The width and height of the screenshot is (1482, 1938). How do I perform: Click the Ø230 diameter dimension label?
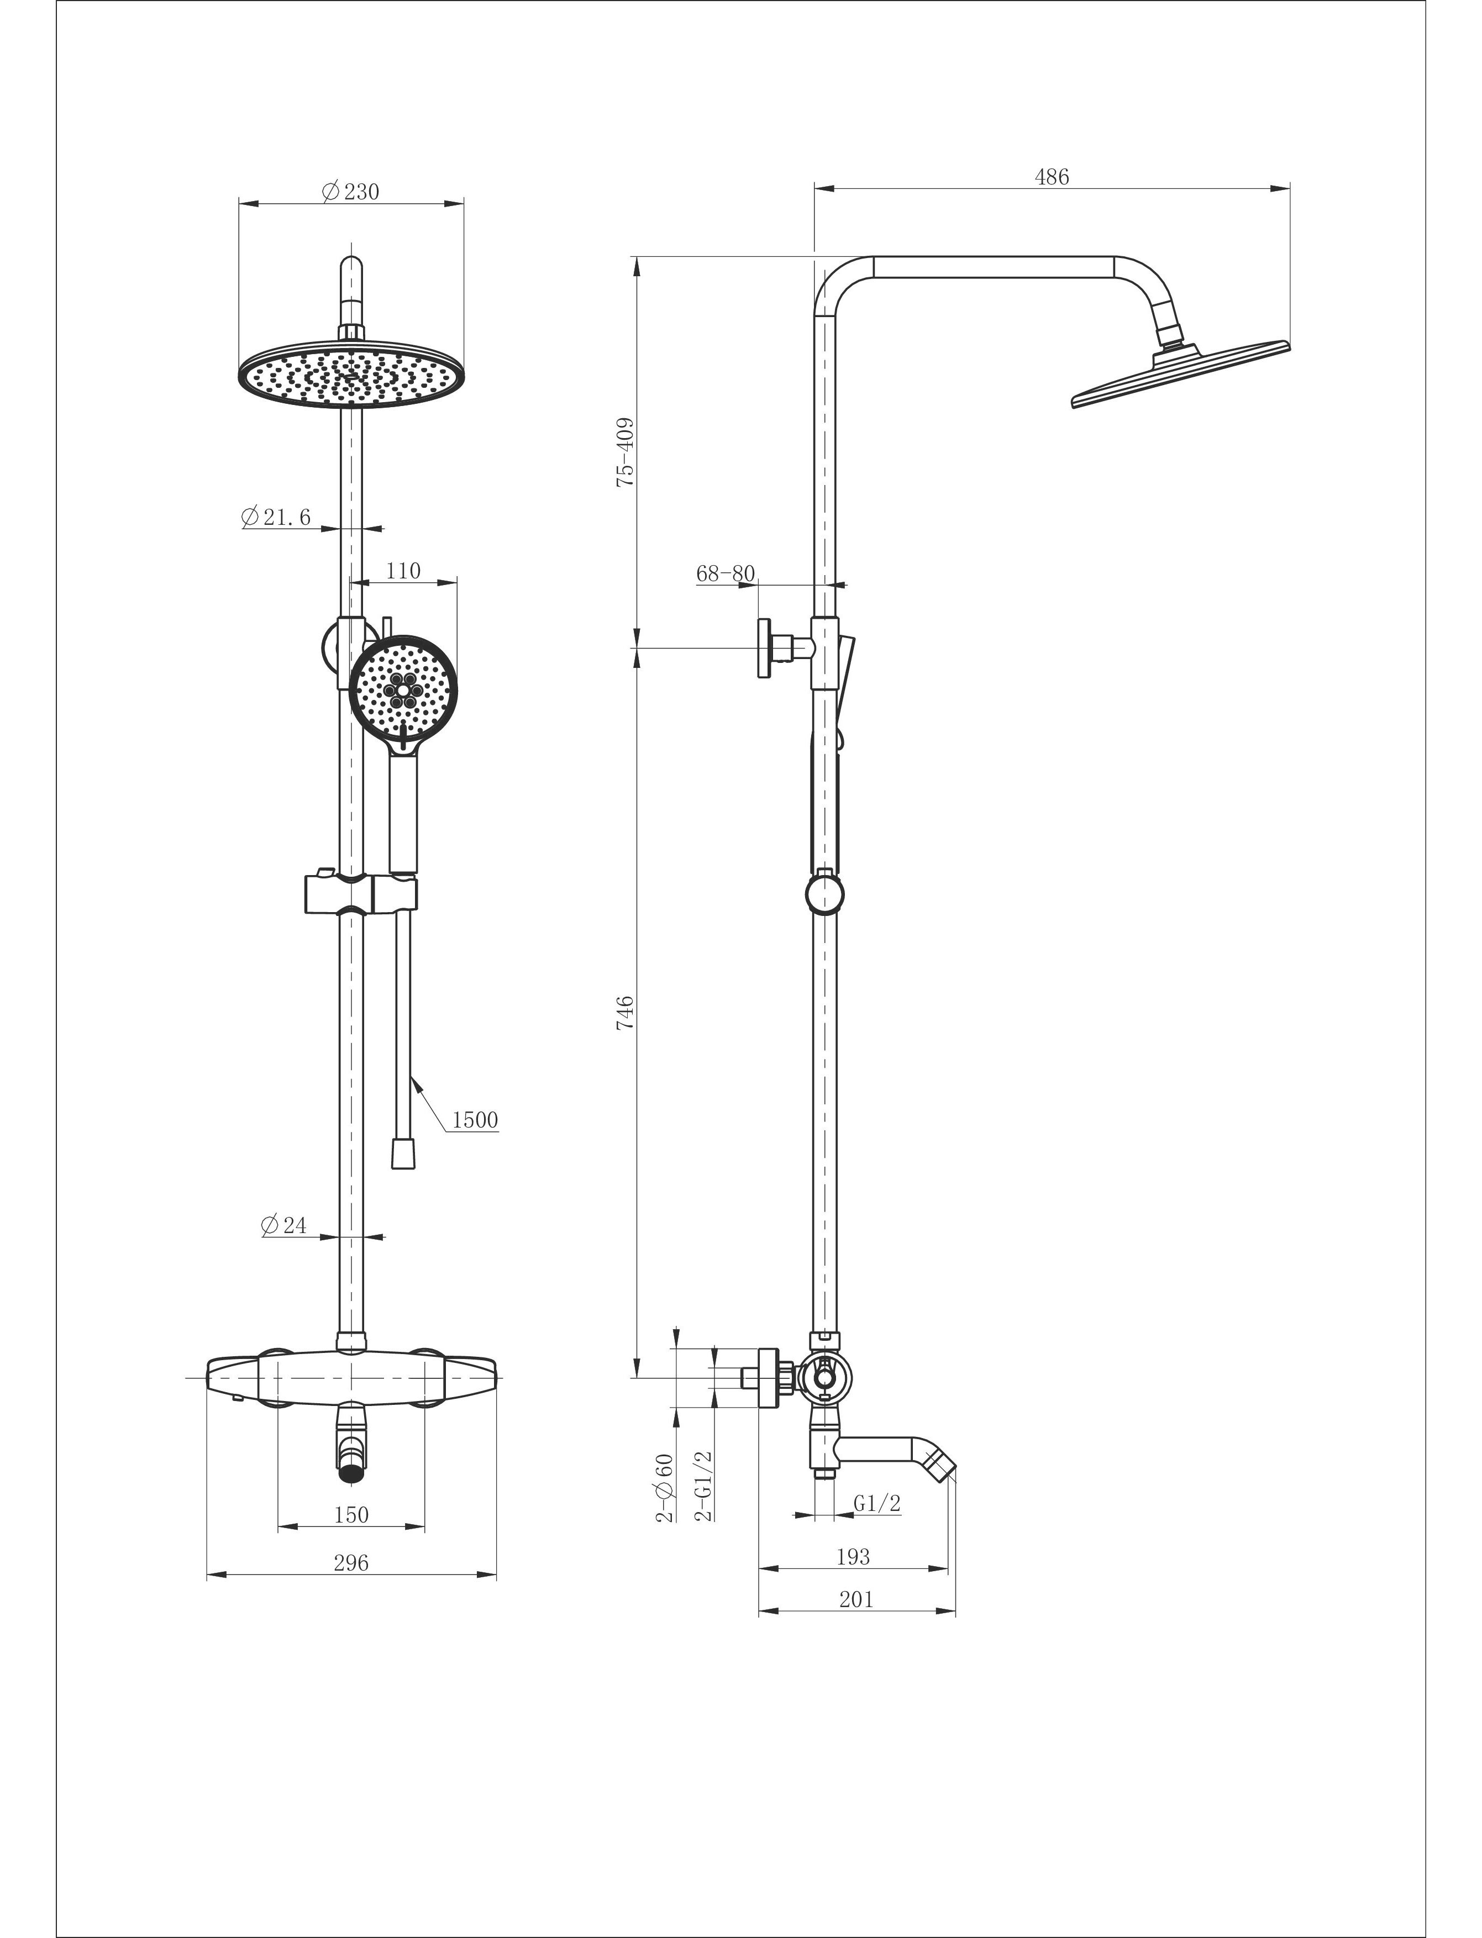[x=351, y=191]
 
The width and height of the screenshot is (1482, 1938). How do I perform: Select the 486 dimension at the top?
[x=1052, y=176]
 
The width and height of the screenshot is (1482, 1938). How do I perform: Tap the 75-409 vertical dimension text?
[x=626, y=453]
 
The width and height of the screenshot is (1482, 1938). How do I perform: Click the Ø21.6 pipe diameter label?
[x=276, y=517]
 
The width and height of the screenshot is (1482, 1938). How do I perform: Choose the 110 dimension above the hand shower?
[x=403, y=571]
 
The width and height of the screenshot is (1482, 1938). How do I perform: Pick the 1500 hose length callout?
[x=475, y=1120]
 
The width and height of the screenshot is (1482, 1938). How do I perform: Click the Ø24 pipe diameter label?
[x=284, y=1225]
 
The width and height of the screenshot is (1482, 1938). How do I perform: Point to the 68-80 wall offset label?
[x=725, y=573]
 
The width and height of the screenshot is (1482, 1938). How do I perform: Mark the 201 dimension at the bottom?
[x=856, y=1599]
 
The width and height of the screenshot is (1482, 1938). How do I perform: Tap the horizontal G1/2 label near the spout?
[x=877, y=1503]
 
